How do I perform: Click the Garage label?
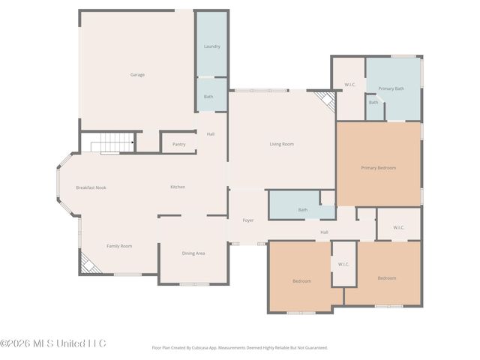[137, 74]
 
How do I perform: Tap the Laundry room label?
[212, 46]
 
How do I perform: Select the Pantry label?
[178, 144]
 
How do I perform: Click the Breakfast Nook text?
[91, 187]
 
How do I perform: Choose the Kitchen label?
[178, 187]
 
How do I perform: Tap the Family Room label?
[119, 245]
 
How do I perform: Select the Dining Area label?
[193, 253]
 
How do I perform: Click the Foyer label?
[247, 220]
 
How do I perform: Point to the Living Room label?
[281, 144]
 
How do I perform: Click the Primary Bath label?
[391, 88]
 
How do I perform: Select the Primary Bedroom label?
[378, 167]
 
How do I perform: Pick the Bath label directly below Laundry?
[208, 96]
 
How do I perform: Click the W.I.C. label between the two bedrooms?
[343, 264]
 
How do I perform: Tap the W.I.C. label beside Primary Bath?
[349, 84]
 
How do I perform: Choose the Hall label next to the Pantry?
[211, 133]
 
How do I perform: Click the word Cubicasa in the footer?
[214, 347]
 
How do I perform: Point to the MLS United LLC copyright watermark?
[53, 343]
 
